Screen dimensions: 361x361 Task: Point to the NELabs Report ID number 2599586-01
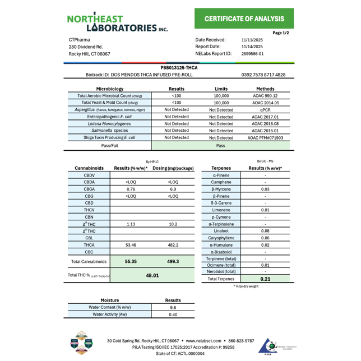point(252,54)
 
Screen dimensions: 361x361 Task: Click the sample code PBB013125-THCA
point(179,67)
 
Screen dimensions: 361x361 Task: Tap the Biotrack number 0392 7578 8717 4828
point(263,75)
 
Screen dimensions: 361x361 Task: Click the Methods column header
point(265,89)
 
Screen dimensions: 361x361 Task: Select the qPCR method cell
point(265,110)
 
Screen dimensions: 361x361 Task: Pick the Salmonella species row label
point(110,131)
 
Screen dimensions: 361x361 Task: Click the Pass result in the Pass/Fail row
point(221,145)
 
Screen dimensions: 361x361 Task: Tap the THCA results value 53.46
point(131,245)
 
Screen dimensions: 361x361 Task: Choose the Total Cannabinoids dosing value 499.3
point(173,262)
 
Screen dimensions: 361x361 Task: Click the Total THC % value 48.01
point(152,276)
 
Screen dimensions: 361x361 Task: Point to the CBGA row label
point(89,189)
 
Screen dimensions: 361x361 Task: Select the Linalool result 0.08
point(265,231)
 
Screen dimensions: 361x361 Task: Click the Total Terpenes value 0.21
point(265,279)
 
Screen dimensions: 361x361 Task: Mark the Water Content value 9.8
point(173,307)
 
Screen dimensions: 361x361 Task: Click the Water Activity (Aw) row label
point(110,314)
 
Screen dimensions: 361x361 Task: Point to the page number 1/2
point(280,33)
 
